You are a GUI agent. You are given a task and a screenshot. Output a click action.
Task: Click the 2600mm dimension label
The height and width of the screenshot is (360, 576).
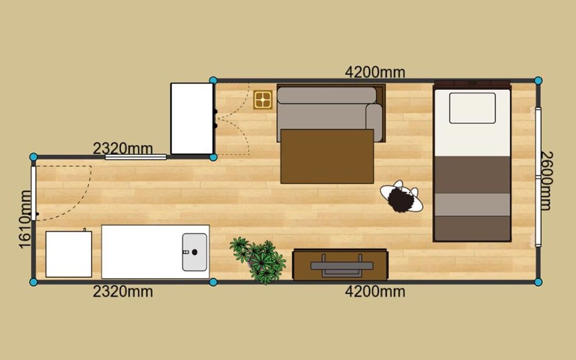[x=547, y=181]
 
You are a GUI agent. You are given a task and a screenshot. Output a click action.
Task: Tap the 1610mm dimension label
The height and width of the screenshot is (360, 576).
[x=25, y=219]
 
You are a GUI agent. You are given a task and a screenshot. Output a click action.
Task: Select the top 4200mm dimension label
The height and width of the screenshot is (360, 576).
[x=375, y=72]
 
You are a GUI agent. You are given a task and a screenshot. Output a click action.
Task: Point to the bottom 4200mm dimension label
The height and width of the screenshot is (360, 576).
[x=375, y=291]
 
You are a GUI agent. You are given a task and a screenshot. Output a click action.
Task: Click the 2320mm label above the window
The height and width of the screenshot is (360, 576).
[x=123, y=149]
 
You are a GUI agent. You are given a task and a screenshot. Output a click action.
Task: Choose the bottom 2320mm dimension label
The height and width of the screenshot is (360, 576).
[x=123, y=291]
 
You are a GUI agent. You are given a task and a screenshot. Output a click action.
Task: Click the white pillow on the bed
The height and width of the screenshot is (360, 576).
[x=472, y=108]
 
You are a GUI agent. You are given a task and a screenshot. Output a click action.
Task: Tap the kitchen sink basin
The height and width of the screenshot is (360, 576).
[x=194, y=252]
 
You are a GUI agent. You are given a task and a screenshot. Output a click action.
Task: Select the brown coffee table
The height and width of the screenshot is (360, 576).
[x=327, y=156]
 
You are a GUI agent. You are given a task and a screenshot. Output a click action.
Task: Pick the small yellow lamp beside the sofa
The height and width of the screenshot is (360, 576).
[x=263, y=100]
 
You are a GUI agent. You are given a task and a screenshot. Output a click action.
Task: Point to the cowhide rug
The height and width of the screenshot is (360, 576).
[x=401, y=197]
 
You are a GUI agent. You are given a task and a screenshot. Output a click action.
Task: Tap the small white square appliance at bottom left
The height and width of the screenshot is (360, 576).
[x=69, y=254]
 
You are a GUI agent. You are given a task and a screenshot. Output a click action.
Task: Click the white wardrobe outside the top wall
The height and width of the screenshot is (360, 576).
[x=192, y=119]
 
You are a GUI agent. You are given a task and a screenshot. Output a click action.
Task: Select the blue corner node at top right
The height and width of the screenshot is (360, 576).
[x=538, y=81]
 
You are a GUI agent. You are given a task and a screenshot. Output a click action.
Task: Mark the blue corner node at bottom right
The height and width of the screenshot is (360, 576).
[x=538, y=282]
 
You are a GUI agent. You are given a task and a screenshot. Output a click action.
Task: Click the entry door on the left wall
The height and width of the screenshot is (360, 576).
[x=34, y=193]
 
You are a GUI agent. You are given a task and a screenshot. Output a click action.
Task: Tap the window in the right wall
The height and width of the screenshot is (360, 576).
[x=538, y=177]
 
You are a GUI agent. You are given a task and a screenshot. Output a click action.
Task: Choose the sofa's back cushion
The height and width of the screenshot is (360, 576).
[x=327, y=95]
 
